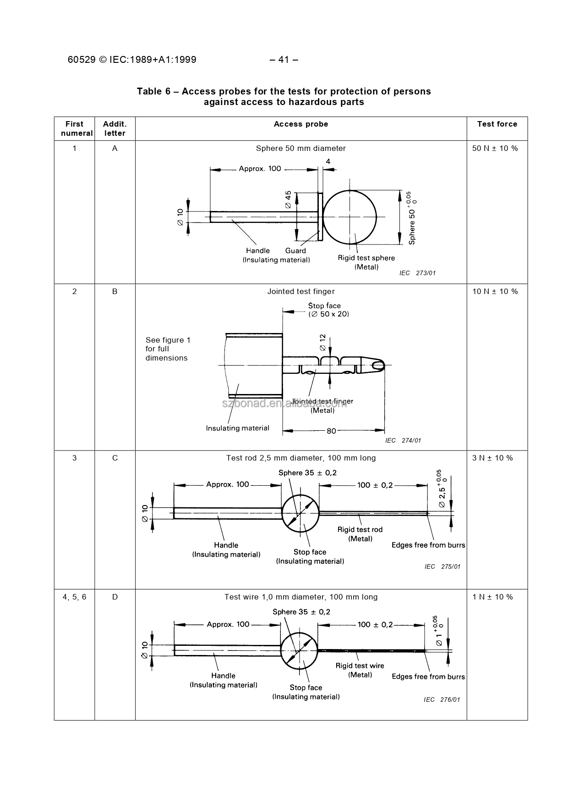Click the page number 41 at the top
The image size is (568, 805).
point(284,60)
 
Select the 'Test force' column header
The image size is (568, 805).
point(497,124)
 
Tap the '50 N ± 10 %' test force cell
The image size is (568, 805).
point(495,149)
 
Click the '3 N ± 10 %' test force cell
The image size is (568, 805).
point(492,458)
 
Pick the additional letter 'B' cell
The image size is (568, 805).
point(115,292)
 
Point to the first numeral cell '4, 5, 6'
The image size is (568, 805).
point(75,597)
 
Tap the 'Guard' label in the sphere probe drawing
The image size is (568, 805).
point(295,251)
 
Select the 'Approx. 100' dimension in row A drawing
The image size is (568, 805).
point(260,169)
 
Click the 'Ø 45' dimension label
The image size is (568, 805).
point(288,200)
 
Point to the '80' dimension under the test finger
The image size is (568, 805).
point(331,431)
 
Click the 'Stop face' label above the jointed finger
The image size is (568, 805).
point(324,306)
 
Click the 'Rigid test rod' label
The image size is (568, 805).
point(360,530)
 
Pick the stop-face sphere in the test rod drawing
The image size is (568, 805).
point(300,513)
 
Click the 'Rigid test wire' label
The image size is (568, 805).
point(360,666)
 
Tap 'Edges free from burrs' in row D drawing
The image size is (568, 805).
point(428,677)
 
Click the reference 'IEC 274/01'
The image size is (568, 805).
point(403,441)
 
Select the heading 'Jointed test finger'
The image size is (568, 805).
point(301,292)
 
